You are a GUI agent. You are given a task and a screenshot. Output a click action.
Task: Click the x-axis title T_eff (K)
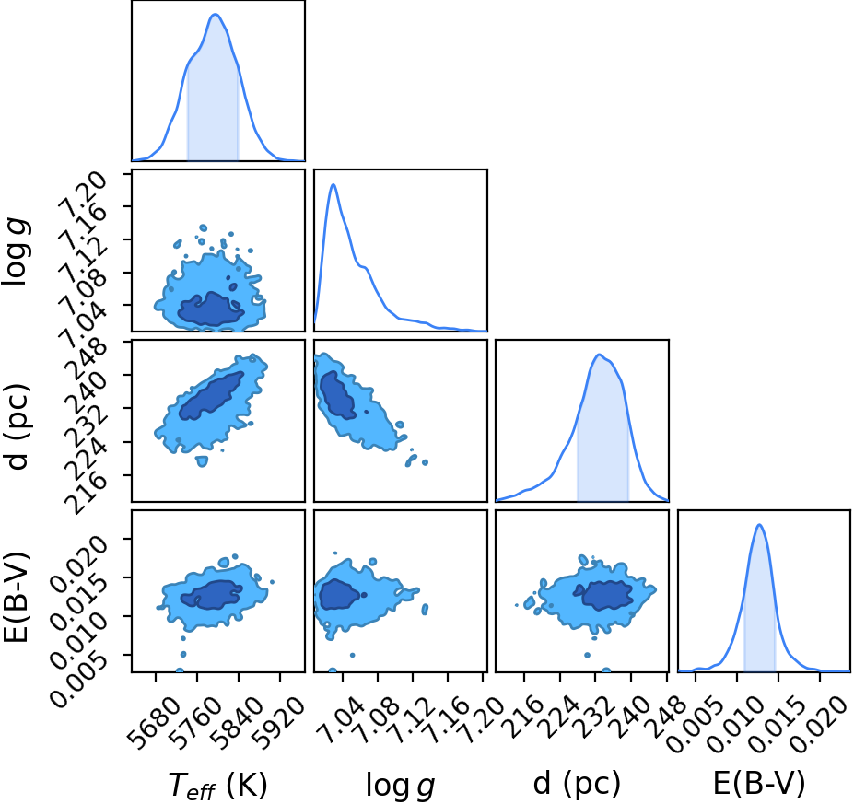coord(217,785)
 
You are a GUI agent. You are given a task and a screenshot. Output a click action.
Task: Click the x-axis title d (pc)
coord(578,783)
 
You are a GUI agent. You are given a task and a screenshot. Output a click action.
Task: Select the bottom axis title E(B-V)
coord(759,784)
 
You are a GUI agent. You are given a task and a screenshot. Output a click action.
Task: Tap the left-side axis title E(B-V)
coord(17,597)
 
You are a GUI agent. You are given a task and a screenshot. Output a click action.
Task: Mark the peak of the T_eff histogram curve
coord(216,14)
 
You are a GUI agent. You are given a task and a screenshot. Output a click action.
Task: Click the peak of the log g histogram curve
coord(333,184)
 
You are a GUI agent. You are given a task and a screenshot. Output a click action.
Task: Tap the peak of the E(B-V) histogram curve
coord(759,525)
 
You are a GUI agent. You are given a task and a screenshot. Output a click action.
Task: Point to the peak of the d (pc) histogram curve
coord(599,355)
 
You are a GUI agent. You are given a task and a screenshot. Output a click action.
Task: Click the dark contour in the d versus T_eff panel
coord(211,396)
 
